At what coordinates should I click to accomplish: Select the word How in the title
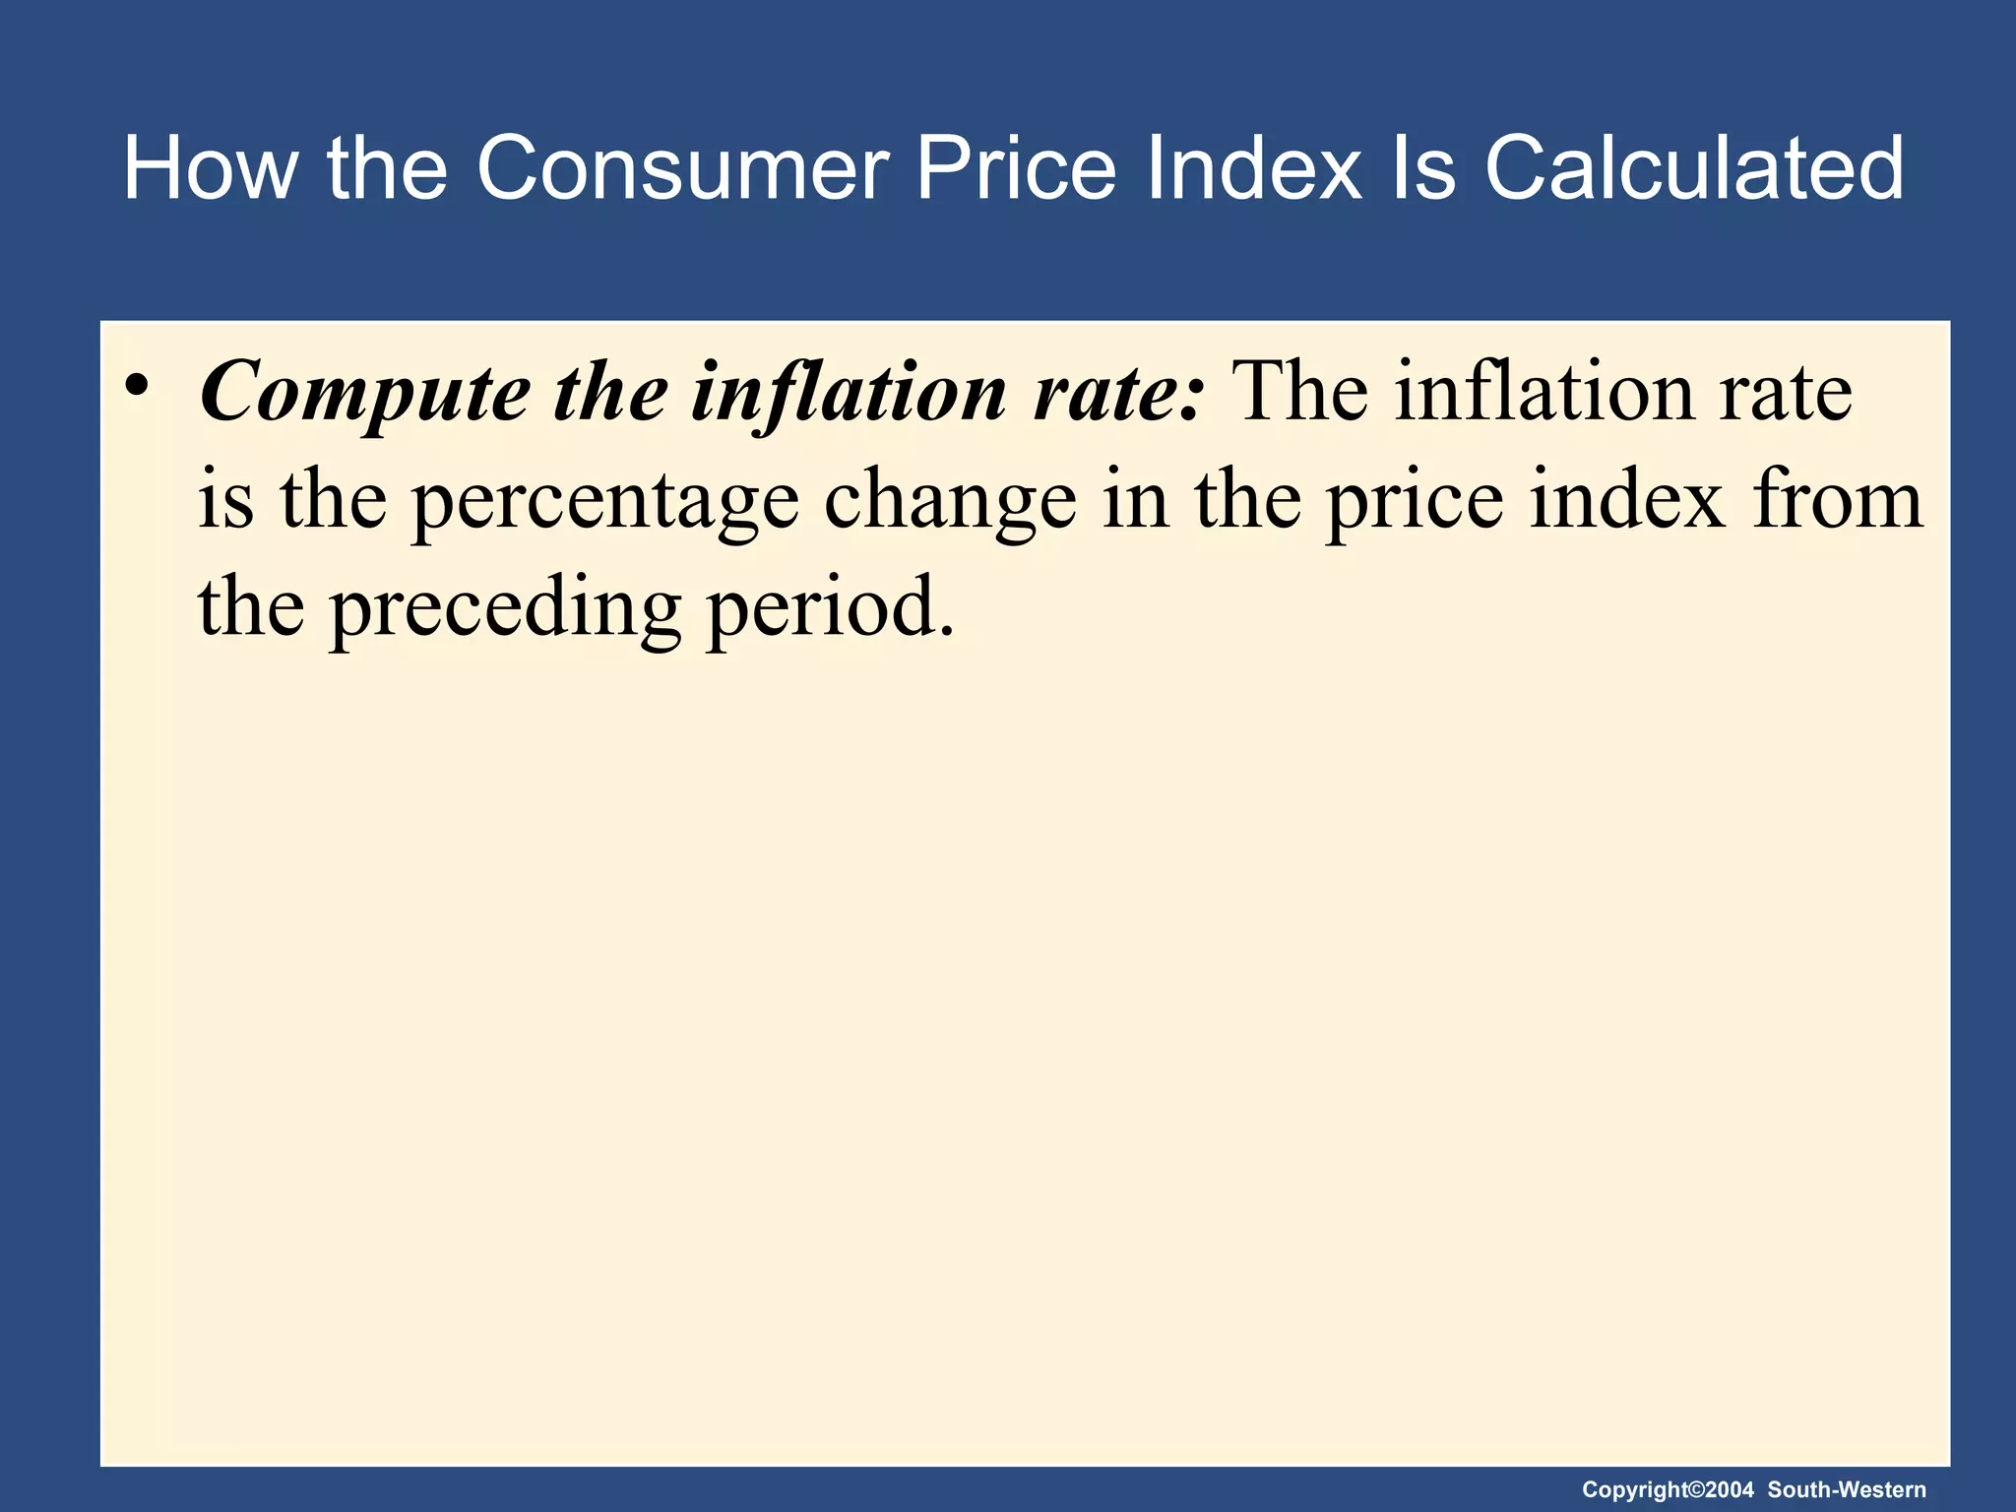pos(209,168)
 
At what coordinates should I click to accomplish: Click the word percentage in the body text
pos(604,501)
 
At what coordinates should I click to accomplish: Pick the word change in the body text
pos(950,501)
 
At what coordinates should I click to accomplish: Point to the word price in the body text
pos(1414,501)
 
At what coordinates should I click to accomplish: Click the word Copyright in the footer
pos(1635,1489)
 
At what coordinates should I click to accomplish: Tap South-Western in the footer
pos(1847,1489)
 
